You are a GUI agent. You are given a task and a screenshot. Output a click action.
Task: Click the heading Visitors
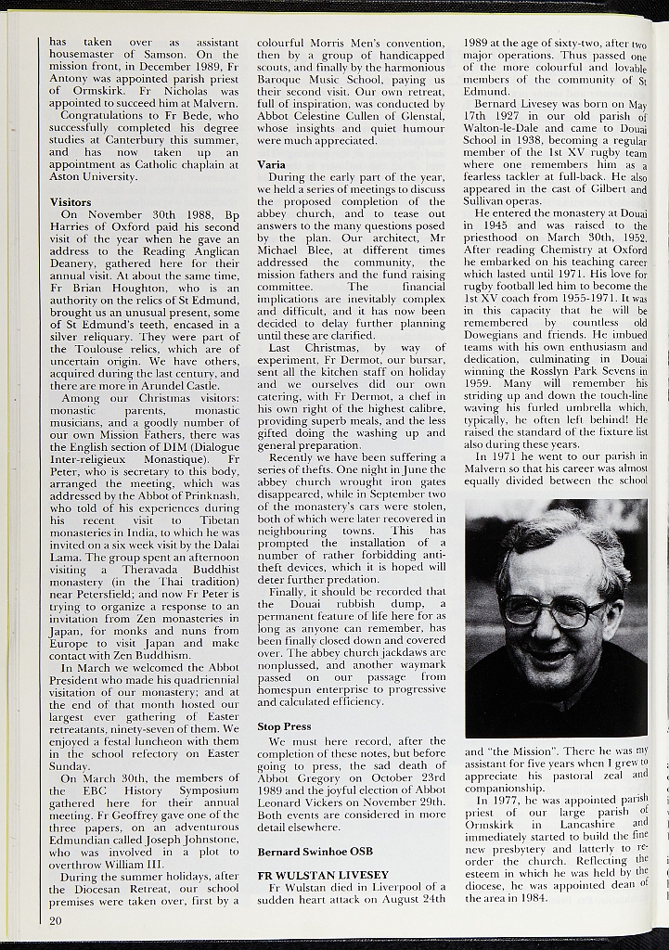point(71,201)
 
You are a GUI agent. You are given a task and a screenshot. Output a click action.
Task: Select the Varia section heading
point(271,164)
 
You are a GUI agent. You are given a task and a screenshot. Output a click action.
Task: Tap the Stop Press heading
point(284,726)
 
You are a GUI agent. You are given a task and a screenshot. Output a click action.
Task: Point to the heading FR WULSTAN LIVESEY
point(323,875)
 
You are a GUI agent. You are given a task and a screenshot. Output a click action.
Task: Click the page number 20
point(57,920)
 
